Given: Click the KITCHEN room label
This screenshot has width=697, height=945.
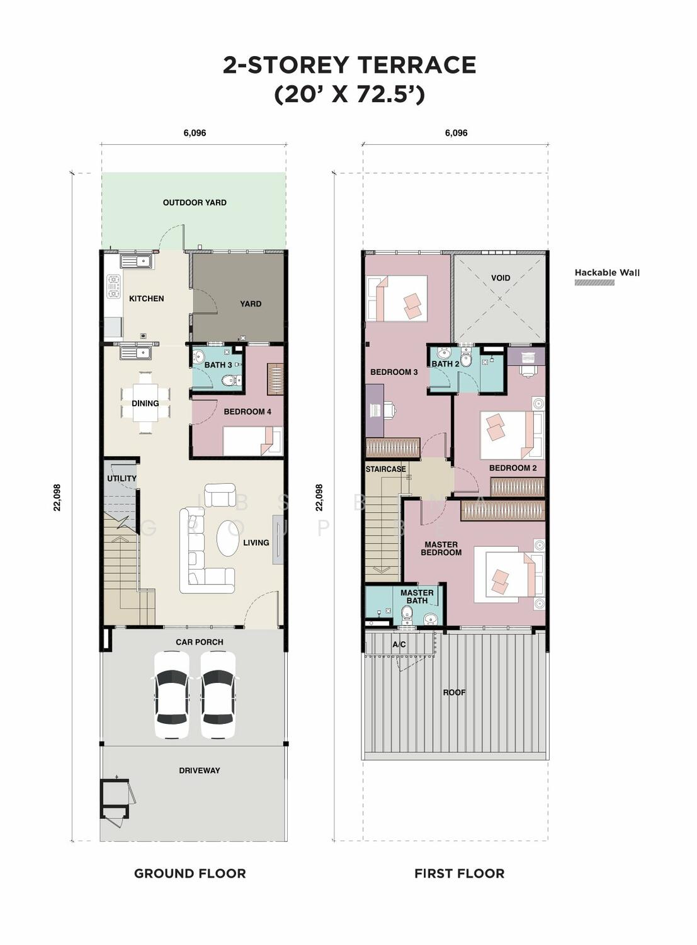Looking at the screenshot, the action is click(x=147, y=299).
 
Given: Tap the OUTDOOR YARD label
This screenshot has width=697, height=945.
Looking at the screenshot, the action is click(x=195, y=202).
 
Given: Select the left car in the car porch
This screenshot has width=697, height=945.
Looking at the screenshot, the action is click(x=172, y=695).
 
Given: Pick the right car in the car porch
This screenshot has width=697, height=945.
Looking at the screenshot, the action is click(x=218, y=695).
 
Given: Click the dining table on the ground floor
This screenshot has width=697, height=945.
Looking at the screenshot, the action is click(x=145, y=403).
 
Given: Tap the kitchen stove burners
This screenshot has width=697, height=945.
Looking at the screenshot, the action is click(x=114, y=287).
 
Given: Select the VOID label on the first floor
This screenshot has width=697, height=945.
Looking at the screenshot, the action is click(x=501, y=278).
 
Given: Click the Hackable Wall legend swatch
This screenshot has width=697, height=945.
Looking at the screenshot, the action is click(x=594, y=282).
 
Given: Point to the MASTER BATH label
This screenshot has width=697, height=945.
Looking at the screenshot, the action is click(x=417, y=597).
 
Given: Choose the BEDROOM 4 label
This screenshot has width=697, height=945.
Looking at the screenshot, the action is click(x=247, y=411).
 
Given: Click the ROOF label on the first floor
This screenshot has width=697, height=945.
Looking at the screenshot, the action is click(x=455, y=692).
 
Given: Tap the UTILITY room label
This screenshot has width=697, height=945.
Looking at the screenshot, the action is click(x=122, y=478).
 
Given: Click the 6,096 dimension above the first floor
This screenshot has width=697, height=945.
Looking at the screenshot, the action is click(x=456, y=133).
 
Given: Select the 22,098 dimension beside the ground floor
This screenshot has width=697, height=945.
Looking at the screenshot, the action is click(x=57, y=497).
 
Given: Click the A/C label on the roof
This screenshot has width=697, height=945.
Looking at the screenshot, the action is click(x=399, y=644).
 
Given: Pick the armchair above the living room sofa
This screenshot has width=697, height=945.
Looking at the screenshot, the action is click(x=220, y=495).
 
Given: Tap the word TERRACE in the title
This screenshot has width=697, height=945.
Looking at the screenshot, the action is click(x=416, y=65).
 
